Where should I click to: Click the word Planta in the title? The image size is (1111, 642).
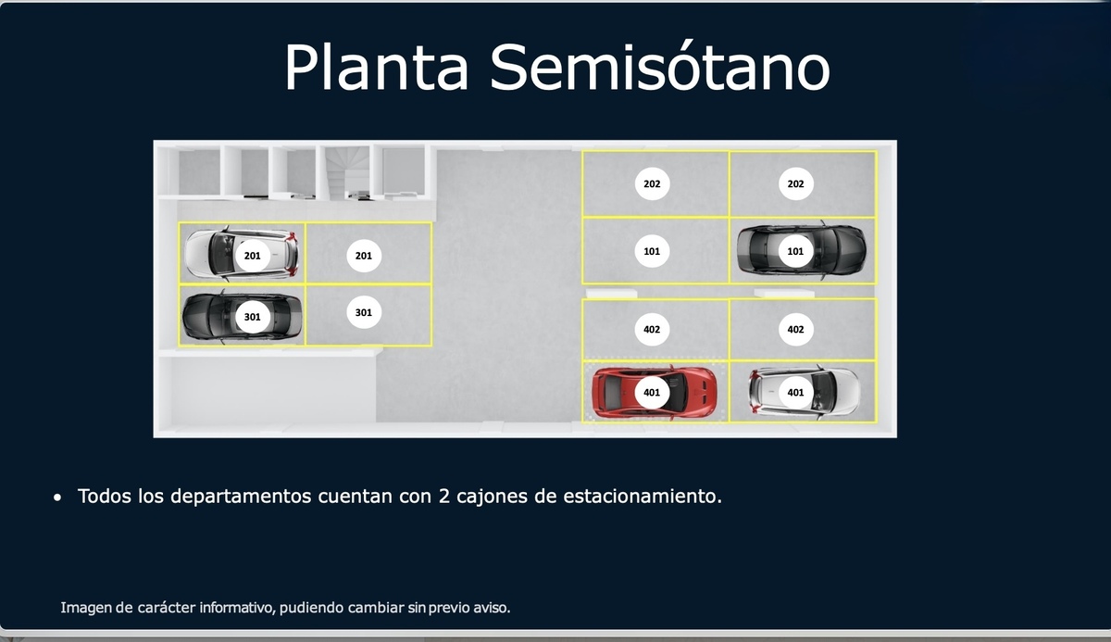pos(376,67)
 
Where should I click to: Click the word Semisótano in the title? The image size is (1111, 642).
pos(660,67)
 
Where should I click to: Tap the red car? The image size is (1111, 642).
pos(655,393)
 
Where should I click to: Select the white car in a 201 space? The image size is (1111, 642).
pos(242,254)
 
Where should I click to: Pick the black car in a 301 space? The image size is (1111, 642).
pos(242,317)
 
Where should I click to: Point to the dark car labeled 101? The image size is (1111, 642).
pos(801,249)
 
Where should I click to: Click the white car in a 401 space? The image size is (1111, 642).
pos(804,392)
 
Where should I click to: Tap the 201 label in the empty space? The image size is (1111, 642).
pos(364,256)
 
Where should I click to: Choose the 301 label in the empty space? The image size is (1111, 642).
pos(364,312)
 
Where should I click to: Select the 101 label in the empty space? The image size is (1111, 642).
pos(652,251)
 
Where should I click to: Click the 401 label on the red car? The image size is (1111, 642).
pos(652,393)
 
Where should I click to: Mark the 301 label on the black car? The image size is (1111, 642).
pos(253,317)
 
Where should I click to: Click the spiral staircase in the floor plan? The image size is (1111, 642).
pos(347,172)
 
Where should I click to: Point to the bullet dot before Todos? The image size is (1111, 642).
pos(57,497)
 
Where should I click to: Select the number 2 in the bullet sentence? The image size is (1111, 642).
pos(443,497)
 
